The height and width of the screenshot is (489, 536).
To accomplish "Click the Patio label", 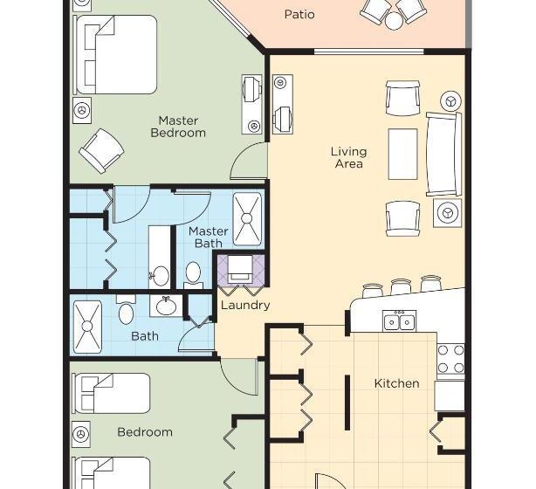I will [299, 14].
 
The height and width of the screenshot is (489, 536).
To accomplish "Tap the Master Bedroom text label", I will [178, 127].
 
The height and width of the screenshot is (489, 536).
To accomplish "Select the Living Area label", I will [348, 157].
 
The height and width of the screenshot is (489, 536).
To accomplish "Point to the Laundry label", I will [244, 306].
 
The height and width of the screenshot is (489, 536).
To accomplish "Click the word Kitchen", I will [396, 382].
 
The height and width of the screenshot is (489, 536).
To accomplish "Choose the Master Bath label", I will [208, 237].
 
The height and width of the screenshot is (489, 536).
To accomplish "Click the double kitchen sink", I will [399, 321].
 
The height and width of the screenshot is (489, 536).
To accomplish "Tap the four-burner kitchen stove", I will [450, 358].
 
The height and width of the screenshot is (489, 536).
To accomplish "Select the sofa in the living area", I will [442, 154].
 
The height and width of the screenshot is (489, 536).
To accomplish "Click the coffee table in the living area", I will [402, 154].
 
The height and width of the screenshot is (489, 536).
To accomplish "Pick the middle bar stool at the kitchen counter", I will [402, 286].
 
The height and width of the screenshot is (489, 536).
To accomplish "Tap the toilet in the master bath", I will [194, 274].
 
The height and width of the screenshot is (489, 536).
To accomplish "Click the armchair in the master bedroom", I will [101, 149].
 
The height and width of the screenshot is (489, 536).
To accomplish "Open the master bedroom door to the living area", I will [249, 164].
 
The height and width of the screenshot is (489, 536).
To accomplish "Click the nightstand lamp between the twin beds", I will [82, 433].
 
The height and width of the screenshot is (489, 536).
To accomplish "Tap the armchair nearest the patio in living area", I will [402, 98].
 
